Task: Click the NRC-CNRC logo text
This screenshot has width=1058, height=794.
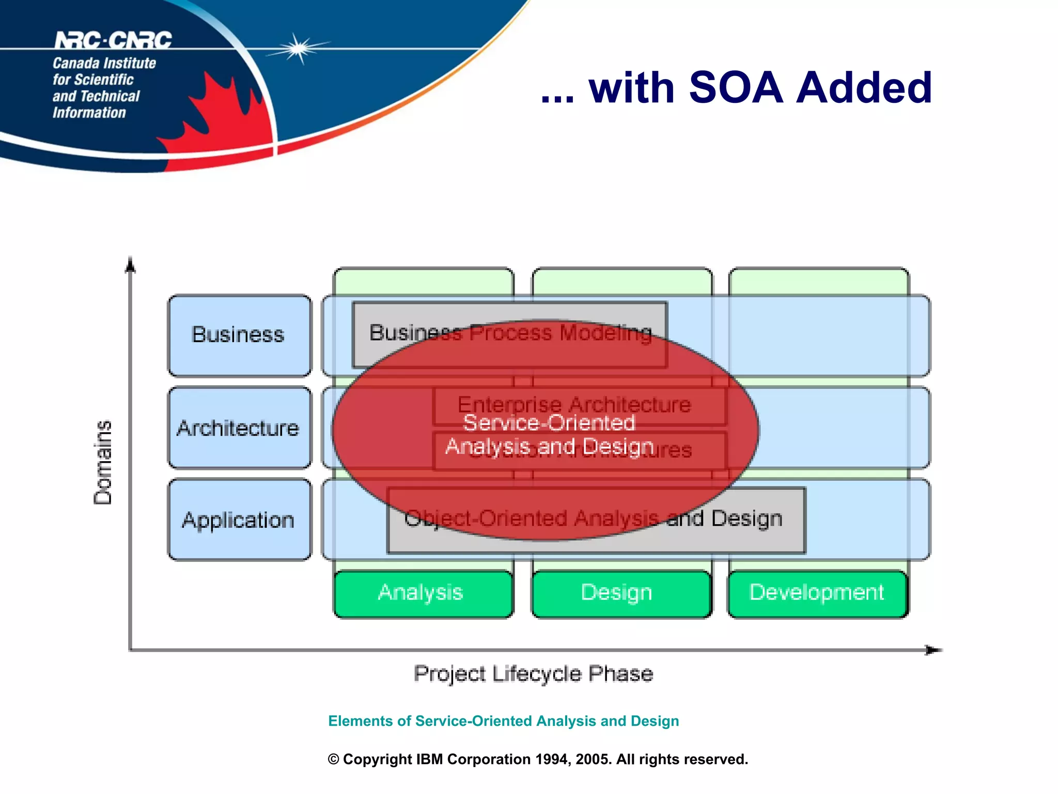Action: pyautogui.click(x=113, y=40)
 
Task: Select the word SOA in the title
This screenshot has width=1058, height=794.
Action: pyautogui.click(x=736, y=88)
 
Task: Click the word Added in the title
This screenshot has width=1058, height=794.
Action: pyautogui.click(x=864, y=88)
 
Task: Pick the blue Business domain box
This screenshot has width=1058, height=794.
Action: pyautogui.click(x=239, y=335)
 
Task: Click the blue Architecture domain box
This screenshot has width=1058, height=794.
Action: pyautogui.click(x=239, y=428)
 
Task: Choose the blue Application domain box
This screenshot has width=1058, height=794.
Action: pyautogui.click(x=239, y=520)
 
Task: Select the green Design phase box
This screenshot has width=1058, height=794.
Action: pyautogui.click(x=618, y=593)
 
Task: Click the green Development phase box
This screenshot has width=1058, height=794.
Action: pyautogui.click(x=817, y=593)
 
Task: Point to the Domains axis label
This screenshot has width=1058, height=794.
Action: pyautogui.click(x=103, y=462)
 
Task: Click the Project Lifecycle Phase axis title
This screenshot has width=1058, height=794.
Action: pyautogui.click(x=533, y=674)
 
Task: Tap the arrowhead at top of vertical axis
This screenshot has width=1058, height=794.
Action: pyautogui.click(x=131, y=265)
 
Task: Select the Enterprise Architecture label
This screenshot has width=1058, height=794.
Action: pyautogui.click(x=573, y=404)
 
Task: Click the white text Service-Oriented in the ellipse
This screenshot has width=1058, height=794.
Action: pyautogui.click(x=549, y=423)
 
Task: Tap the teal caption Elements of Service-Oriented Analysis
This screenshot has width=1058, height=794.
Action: pyautogui.click(x=503, y=721)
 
